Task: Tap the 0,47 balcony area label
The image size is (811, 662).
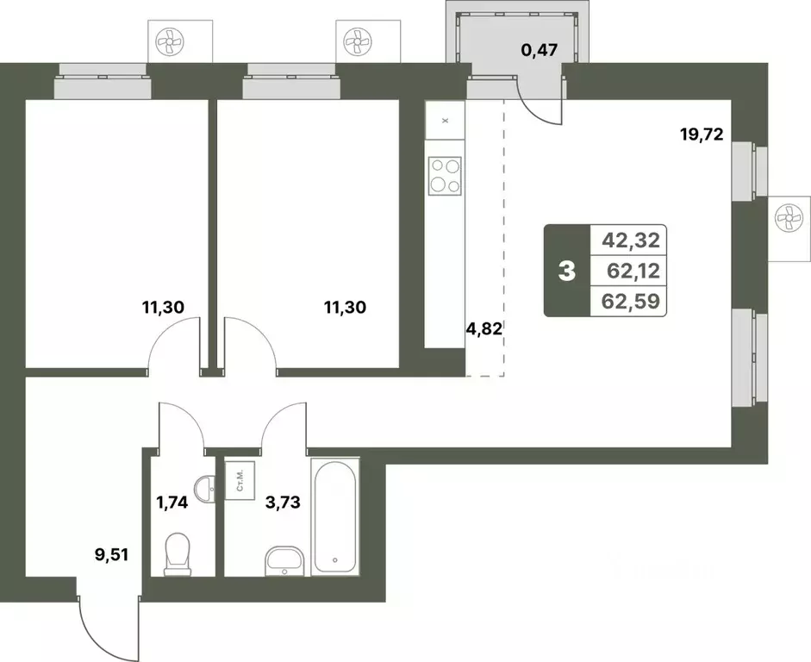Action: [540, 50]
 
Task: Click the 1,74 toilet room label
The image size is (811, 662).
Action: [172, 502]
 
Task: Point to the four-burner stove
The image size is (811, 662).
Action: [445, 175]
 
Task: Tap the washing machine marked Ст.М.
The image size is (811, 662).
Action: [239, 479]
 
